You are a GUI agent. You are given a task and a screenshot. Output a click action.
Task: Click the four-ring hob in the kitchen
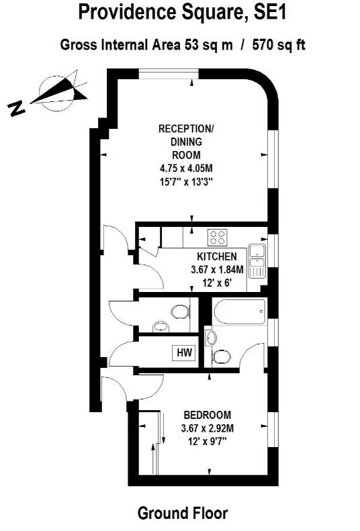(217, 236)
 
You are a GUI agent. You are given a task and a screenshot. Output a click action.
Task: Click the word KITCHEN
(216, 256)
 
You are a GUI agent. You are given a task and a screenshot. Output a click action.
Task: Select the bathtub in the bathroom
(238, 311)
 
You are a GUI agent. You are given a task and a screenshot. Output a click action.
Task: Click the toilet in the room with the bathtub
(220, 354)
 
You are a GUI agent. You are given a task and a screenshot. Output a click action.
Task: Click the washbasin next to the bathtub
(211, 336)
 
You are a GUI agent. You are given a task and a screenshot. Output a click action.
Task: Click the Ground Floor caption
(182, 514)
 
